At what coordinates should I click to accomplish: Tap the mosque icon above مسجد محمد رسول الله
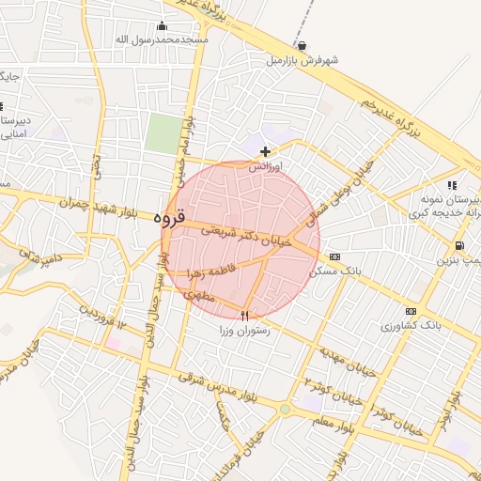tap(163, 26)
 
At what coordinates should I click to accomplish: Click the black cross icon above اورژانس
tap(266, 151)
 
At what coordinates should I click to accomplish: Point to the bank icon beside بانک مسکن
tap(335, 256)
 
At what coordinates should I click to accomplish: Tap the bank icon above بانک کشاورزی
tap(410, 311)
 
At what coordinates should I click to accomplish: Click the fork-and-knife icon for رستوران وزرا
tap(245, 316)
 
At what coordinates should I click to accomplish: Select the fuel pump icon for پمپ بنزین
tap(458, 246)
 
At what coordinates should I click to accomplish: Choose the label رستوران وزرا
tap(245, 331)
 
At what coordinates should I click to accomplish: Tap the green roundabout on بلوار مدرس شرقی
tap(285, 410)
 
